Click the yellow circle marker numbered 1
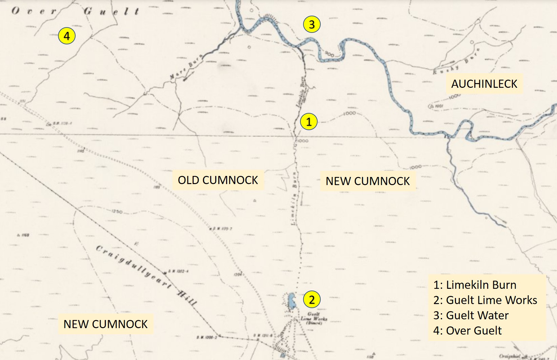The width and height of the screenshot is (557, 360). point(309,122)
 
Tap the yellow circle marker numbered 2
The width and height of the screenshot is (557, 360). point(312,300)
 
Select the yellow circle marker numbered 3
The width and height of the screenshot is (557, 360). point(312,24)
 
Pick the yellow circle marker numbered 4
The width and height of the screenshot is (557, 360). point(66,36)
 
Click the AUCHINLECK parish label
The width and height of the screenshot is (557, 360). point(484,84)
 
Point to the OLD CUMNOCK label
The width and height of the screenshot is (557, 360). point(218,180)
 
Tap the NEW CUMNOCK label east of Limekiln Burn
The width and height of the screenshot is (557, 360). point(367,181)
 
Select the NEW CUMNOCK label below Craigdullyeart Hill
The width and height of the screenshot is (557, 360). point(105,324)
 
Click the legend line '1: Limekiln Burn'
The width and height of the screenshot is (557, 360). point(475,285)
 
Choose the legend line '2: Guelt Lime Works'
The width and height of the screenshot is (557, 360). point(485,300)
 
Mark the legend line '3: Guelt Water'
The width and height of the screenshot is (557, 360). point(471,315)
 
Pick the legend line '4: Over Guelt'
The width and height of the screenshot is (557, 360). point(467,331)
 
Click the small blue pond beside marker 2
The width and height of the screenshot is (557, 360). point(291,301)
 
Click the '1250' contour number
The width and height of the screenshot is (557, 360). point(117,212)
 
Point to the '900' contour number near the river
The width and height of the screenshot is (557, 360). point(329,54)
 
